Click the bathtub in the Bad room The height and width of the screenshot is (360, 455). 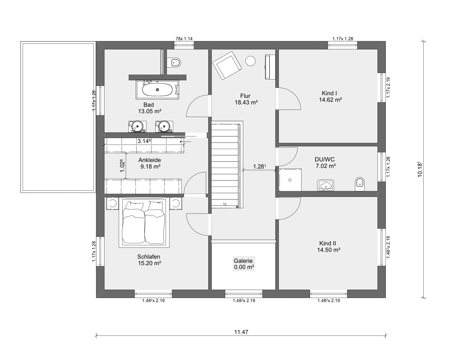[x=157, y=90]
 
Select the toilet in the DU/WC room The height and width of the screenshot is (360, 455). [x=360, y=184]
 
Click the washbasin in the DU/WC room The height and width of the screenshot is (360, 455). [x=326, y=185]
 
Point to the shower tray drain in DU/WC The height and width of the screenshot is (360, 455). [x=290, y=180]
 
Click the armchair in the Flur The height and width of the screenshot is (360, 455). [x=227, y=65]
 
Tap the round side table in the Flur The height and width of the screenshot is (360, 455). [x=250, y=61]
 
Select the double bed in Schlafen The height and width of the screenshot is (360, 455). [x=144, y=222]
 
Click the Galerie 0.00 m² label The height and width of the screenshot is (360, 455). [x=244, y=264]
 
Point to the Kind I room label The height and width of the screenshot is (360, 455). [x=329, y=93]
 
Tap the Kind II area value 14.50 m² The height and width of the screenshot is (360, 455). [x=329, y=250]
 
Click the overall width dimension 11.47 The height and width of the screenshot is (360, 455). [x=241, y=332]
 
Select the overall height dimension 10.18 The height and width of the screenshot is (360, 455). [x=420, y=169]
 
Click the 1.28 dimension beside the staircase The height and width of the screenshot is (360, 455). [x=259, y=166]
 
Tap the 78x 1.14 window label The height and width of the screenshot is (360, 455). [x=184, y=39]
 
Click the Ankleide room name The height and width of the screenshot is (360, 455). [x=150, y=160]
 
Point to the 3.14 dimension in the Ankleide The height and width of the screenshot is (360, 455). [x=144, y=141]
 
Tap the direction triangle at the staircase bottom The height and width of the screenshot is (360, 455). [x=225, y=204]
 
